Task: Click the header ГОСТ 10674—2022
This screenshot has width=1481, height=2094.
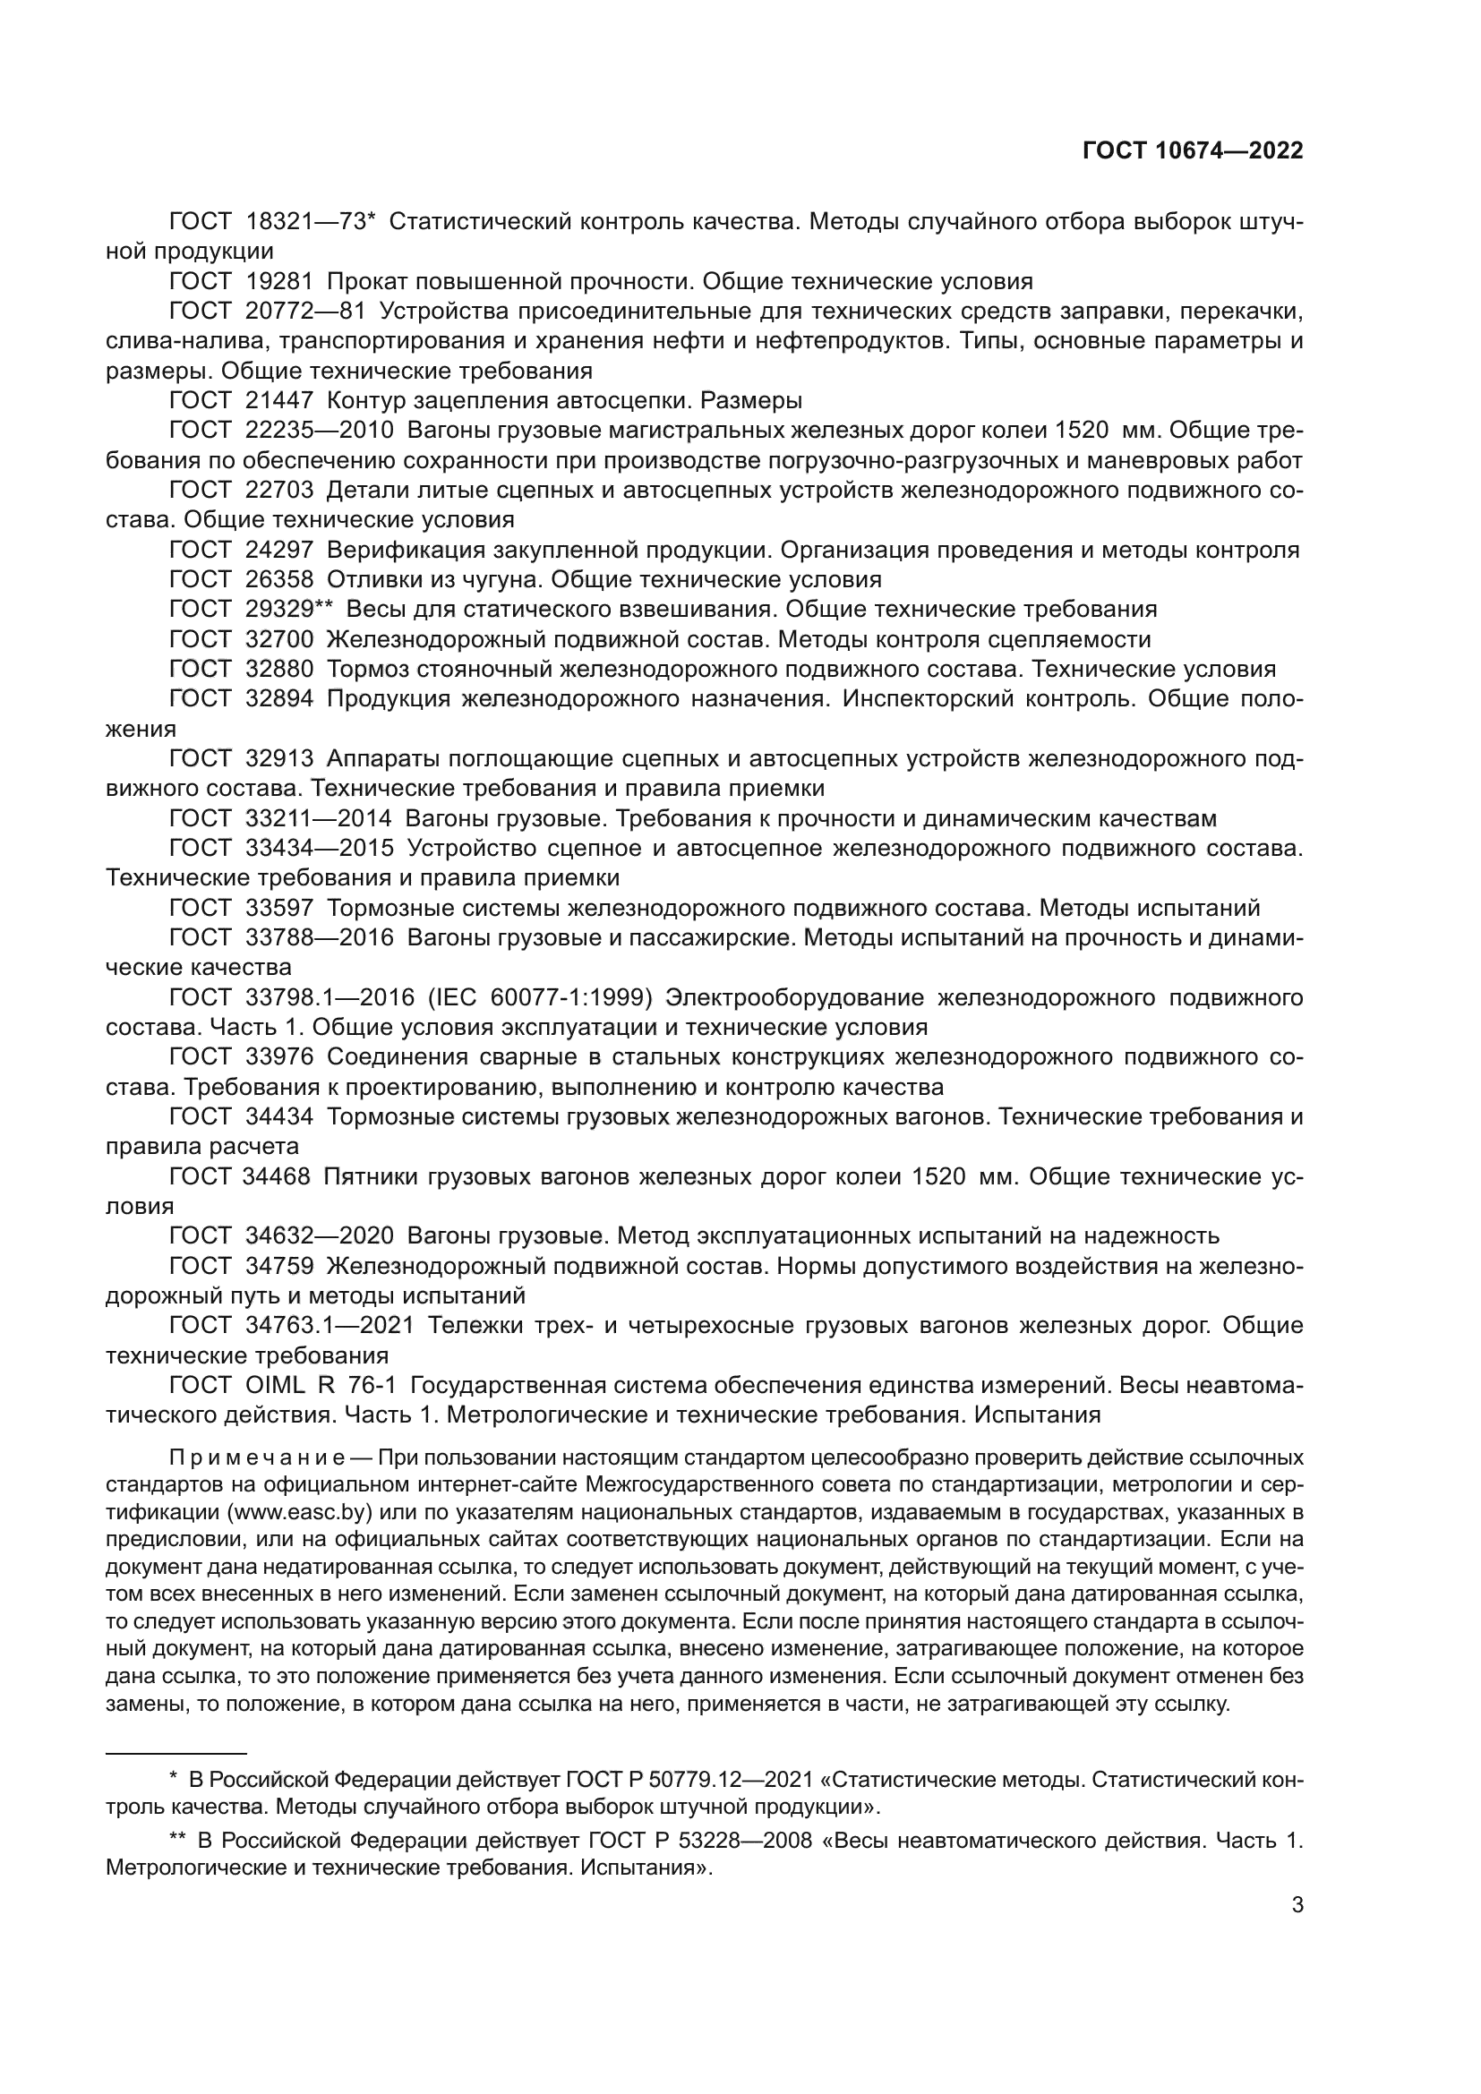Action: click(1192, 150)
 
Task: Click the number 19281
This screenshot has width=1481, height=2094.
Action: click(279, 281)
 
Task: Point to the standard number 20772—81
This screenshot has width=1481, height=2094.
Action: click(305, 311)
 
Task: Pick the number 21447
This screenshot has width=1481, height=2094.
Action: click(279, 400)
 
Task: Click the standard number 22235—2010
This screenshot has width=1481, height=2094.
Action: click(319, 431)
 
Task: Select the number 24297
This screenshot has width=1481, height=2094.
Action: click(279, 550)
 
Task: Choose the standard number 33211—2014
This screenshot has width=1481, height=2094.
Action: click(318, 819)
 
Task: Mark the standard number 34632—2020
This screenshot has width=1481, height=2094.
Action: click(319, 1236)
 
